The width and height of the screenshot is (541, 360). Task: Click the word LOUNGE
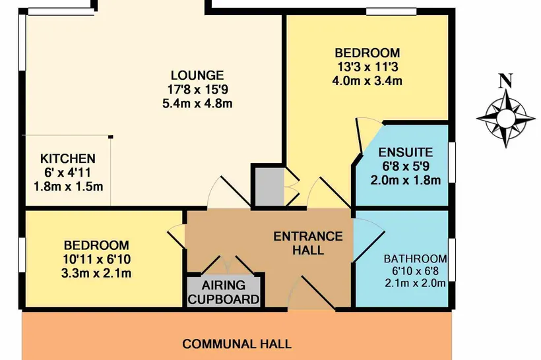click(x=197, y=75)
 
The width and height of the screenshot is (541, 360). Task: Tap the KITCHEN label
click(x=68, y=159)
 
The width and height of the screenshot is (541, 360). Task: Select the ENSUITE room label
click(x=405, y=152)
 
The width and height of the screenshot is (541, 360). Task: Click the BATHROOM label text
click(x=416, y=258)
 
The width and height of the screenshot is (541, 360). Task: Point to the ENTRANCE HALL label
click(x=308, y=243)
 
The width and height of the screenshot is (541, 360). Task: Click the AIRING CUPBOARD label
click(x=224, y=292)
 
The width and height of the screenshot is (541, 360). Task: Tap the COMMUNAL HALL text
click(x=237, y=344)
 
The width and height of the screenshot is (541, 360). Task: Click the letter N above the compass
click(x=506, y=81)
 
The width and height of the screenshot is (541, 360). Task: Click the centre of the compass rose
click(x=506, y=118)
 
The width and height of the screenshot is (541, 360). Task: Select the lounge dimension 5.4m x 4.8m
click(x=197, y=104)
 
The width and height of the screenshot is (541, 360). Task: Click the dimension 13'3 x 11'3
click(x=367, y=67)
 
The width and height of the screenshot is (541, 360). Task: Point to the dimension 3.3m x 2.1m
click(x=96, y=273)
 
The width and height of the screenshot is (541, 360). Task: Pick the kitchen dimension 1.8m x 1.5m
click(x=69, y=187)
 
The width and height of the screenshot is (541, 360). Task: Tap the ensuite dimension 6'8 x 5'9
click(x=406, y=166)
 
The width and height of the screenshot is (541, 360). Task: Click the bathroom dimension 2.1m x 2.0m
click(x=416, y=283)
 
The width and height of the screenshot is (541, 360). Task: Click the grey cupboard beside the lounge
click(x=269, y=187)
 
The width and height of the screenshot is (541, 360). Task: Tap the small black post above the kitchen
click(x=111, y=137)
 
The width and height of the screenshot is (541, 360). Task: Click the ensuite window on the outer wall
click(x=453, y=162)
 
